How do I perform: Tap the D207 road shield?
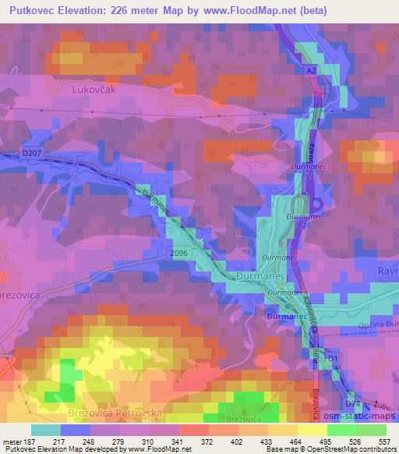[32, 153]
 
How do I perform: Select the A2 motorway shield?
[311, 70]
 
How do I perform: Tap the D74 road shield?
[352, 403]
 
